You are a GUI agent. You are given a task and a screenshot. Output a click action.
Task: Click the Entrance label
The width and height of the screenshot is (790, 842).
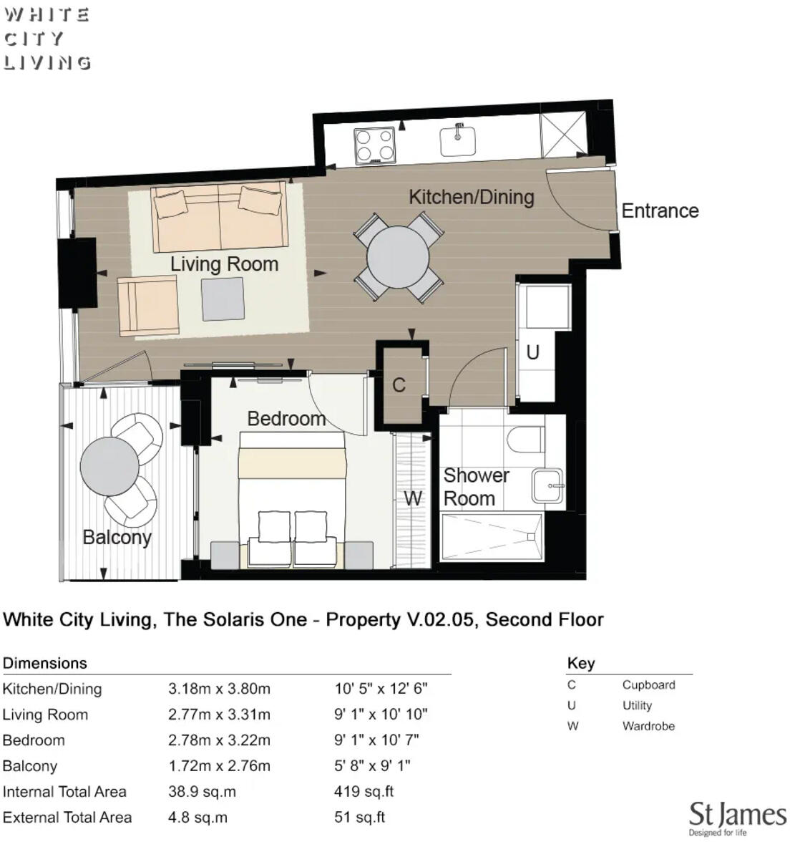pos(659,210)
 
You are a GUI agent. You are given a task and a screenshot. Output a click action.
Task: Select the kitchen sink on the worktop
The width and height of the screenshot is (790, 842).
pos(458,140)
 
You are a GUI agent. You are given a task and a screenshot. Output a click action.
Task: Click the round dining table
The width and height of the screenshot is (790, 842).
pos(398,258)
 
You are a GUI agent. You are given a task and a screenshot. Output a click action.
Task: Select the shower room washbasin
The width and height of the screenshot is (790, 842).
pos(548,486)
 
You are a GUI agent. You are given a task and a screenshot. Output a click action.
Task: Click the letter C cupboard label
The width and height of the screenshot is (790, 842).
pos(399,385)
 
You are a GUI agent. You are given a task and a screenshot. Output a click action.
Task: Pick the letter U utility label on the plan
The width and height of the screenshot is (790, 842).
pos(532,352)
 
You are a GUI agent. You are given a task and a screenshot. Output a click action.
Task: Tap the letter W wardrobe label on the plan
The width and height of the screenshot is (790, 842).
pos(413,498)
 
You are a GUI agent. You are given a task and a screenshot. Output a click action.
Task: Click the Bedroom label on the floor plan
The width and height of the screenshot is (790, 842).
pos(286,419)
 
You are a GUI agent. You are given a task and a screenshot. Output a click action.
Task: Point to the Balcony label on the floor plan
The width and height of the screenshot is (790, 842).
pos(117,537)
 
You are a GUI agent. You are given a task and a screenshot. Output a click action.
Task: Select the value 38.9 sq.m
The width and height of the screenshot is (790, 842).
pos(202,792)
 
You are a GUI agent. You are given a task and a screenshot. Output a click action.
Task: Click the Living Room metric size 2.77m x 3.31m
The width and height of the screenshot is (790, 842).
pos(219,715)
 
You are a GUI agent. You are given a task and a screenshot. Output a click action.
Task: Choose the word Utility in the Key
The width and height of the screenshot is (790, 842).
pos(637,706)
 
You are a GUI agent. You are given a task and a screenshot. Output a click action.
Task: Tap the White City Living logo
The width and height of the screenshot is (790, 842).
pos(47,39)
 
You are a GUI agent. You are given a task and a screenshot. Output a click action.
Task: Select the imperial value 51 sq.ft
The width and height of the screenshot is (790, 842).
pos(359,818)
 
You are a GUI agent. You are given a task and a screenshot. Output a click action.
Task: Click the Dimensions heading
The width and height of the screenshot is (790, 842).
pos(44,663)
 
